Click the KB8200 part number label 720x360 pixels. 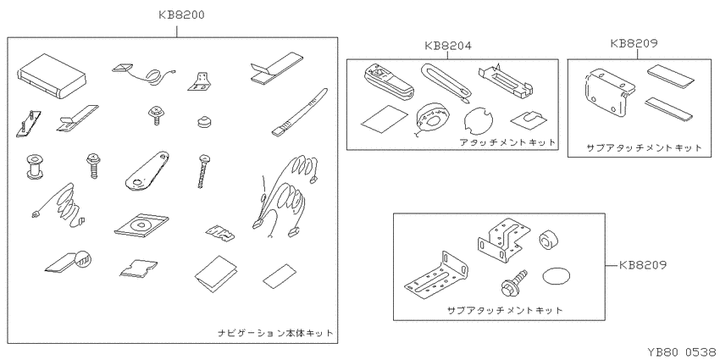181,14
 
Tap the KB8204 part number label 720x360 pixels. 448,46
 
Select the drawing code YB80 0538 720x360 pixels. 681,352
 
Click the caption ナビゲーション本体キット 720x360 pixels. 275,333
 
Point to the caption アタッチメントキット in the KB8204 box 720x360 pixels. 508,142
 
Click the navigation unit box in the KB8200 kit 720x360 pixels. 53,75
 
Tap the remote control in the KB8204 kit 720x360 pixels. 389,81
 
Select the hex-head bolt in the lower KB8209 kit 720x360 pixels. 513,283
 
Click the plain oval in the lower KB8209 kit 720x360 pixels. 556,277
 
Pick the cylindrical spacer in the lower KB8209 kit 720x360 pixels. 549,241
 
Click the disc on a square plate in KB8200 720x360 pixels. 141,224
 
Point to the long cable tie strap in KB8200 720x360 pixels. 300,113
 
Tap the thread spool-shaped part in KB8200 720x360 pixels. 33,166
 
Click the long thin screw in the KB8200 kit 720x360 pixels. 202,171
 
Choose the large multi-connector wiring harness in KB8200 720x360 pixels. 285,197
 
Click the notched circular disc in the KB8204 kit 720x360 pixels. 479,121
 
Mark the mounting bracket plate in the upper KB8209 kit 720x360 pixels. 607,91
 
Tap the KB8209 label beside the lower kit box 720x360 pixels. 642,265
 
